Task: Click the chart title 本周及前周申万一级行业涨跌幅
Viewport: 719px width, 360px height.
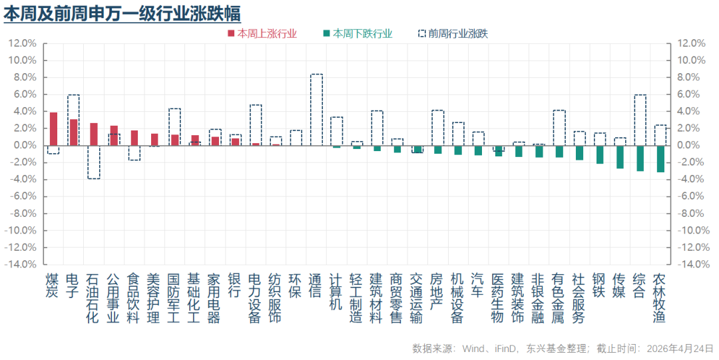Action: pyautogui.click(x=122, y=13)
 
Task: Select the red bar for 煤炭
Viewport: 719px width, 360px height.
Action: pyautogui.click(x=53, y=129)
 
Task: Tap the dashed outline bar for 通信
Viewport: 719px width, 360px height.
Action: pyautogui.click(x=316, y=110)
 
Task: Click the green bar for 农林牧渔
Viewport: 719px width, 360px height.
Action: pyautogui.click(x=660, y=158)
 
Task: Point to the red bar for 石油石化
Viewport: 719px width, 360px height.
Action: pyautogui.click(x=94, y=134)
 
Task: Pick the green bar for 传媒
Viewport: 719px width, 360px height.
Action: pyautogui.click(x=620, y=157)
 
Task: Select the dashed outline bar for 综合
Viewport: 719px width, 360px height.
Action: pyautogui.click(x=640, y=120)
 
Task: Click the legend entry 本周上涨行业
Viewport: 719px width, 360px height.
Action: pyautogui.click(x=263, y=33)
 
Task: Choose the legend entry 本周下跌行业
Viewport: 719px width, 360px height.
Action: pyautogui.click(x=358, y=33)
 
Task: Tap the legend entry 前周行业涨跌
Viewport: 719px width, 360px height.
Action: pyautogui.click(x=453, y=33)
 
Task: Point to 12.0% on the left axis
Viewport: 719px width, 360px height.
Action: pyautogui.click(x=22, y=43)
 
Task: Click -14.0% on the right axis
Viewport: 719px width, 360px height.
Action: pyautogui.click(x=690, y=264)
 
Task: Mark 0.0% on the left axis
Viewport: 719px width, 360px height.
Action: pyautogui.click(x=24, y=145)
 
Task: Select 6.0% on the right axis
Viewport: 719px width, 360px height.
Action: pyautogui.click(x=689, y=94)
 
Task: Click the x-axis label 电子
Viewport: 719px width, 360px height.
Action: pyautogui.click(x=73, y=285)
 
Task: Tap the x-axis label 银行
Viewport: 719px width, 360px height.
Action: pyautogui.click(x=234, y=285)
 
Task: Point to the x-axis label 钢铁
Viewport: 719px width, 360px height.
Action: pyautogui.click(x=599, y=285)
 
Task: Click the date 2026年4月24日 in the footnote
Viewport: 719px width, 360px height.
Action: pyautogui.click(x=680, y=349)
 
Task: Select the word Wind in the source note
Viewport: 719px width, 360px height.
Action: pyautogui.click(x=473, y=349)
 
